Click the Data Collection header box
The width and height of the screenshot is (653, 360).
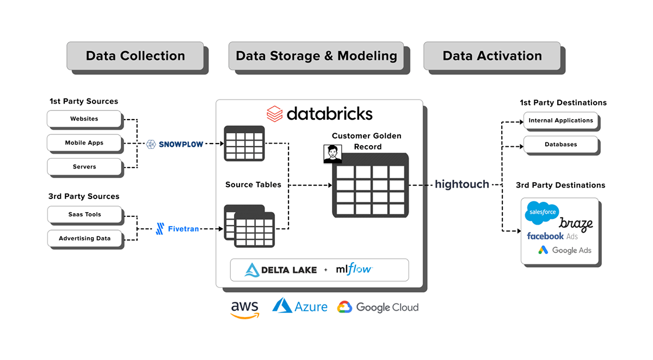(x=135, y=56)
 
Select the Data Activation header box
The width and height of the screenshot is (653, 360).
(x=492, y=56)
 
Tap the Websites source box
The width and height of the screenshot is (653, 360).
(x=84, y=119)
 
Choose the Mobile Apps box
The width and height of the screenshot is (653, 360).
(x=84, y=143)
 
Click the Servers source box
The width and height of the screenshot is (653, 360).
(x=84, y=167)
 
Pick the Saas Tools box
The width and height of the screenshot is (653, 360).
(x=84, y=214)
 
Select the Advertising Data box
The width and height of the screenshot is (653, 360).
(x=84, y=238)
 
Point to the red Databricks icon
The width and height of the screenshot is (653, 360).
(x=274, y=114)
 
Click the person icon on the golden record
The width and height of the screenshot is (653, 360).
(x=332, y=154)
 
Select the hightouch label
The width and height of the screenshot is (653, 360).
(x=461, y=184)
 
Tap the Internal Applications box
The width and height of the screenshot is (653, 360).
(x=560, y=121)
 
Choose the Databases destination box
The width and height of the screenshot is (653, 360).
(x=560, y=145)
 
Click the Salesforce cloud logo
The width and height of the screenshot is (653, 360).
(x=541, y=213)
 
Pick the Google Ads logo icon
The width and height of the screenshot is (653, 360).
(x=543, y=250)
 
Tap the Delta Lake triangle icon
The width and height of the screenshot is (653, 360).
(x=252, y=270)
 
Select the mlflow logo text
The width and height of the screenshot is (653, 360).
(x=354, y=269)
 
